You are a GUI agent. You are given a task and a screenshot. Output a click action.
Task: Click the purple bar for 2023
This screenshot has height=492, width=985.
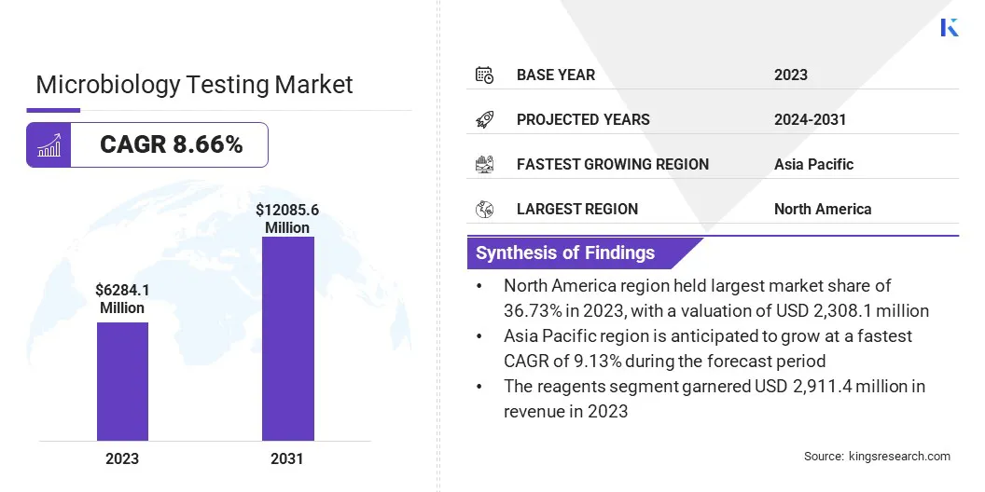[x=122, y=381]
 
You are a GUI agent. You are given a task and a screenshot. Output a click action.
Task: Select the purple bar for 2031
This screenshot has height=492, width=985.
[x=287, y=338]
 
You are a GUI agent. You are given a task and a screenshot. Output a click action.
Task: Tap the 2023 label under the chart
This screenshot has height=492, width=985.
[x=122, y=458]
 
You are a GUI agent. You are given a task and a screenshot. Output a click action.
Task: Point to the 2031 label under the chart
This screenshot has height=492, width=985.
[x=287, y=458]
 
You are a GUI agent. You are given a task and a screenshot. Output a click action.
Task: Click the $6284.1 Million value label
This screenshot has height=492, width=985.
[x=122, y=299]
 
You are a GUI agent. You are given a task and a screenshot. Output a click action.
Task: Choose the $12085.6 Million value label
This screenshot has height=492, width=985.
[x=287, y=219]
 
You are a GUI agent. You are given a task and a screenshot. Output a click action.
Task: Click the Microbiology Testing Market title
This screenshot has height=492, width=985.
[x=194, y=85]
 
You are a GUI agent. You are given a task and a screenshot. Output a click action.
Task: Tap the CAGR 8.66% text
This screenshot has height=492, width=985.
[x=171, y=144]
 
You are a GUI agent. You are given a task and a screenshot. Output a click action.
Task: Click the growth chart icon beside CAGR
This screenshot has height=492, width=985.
[x=49, y=145]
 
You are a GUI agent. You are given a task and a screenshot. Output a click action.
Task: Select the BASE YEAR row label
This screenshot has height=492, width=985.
[x=556, y=75]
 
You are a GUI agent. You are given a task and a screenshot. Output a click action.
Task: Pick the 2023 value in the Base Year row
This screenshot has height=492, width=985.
[x=791, y=75]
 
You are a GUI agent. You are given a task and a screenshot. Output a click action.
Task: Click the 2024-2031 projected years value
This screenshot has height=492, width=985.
[x=810, y=119]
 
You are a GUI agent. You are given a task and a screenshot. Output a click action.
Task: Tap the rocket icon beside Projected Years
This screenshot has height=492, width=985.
[x=484, y=119]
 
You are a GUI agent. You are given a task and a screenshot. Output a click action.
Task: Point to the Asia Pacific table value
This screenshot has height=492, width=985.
[x=813, y=164]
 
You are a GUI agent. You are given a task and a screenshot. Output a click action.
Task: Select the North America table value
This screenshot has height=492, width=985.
[x=823, y=209]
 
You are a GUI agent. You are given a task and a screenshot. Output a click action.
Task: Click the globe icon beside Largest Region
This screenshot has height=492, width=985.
[x=484, y=209]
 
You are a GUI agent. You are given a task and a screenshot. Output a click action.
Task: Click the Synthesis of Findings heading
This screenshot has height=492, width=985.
[x=565, y=253]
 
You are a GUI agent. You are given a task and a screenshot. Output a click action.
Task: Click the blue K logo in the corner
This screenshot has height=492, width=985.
[x=950, y=28]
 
